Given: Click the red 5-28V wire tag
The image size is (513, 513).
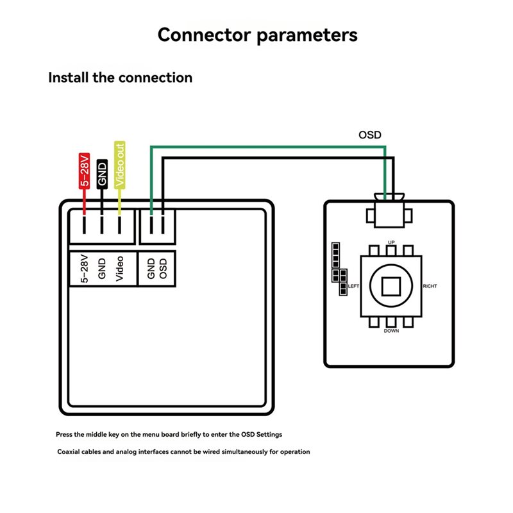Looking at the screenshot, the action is coord(85,171).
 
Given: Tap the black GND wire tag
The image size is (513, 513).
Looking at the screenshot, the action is coord(102,174).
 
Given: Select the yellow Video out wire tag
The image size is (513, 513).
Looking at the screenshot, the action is coord(120,165).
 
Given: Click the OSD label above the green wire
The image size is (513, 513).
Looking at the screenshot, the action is coord(370,135).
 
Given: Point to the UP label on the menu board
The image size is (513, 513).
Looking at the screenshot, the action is coord(391,242).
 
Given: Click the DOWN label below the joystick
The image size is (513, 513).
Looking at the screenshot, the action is coord(391,331).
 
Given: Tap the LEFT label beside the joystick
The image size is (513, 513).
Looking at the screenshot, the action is coord(353,286).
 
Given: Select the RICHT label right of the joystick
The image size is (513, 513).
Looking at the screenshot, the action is coord(430,286).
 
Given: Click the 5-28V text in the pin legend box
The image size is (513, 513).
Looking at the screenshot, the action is coord(85,269).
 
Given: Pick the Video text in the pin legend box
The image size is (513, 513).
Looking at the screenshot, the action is coord(120,269).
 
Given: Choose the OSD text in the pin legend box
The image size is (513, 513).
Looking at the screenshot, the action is coord(163,269).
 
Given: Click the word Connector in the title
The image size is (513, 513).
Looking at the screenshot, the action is coord(205,35).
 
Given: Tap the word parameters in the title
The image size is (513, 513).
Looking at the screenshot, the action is coord(307,36).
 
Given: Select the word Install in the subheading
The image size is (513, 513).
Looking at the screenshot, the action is coord(69,78).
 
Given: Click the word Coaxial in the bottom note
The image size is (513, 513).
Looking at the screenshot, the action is coord(68,452).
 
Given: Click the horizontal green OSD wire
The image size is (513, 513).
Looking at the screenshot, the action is coord(268,147).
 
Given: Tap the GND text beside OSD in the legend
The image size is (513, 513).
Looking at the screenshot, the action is coord(151,269).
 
